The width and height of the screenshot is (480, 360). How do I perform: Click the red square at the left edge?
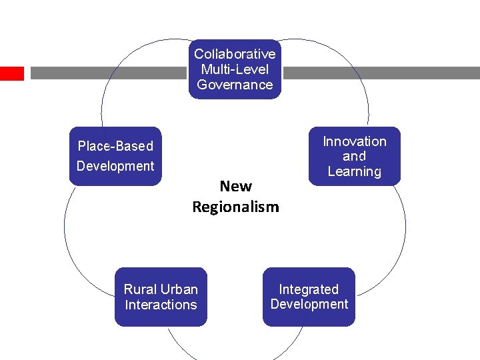tap(11, 73)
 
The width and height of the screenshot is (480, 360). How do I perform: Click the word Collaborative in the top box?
tap(235, 54)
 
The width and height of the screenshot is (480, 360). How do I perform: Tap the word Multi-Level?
tap(235, 69)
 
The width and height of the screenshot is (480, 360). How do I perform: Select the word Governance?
tap(235, 85)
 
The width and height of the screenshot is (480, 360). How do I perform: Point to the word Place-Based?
tap(115, 146)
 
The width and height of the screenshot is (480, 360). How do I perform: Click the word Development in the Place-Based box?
tap(115, 166)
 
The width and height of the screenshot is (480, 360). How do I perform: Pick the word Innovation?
tap(355, 141)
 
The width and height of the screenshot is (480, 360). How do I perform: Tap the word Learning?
tap(355, 171)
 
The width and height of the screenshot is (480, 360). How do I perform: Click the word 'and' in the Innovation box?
tap(355, 157)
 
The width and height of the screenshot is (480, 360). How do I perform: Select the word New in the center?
tap(235, 187)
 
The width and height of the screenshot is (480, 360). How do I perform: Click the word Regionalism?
tap(235, 207)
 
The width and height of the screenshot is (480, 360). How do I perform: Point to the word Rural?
tap(139, 289)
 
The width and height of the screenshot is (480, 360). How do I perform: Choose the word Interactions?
tap(161, 305)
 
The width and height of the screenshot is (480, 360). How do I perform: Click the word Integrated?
tap(309, 289)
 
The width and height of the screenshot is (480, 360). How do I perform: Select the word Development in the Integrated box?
tap(309, 304)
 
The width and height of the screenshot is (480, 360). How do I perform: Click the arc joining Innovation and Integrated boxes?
tap(405, 227)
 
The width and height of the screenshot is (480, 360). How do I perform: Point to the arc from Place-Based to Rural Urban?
tap(65, 227)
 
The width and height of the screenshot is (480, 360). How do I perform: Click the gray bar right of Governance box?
tap(380, 73)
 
